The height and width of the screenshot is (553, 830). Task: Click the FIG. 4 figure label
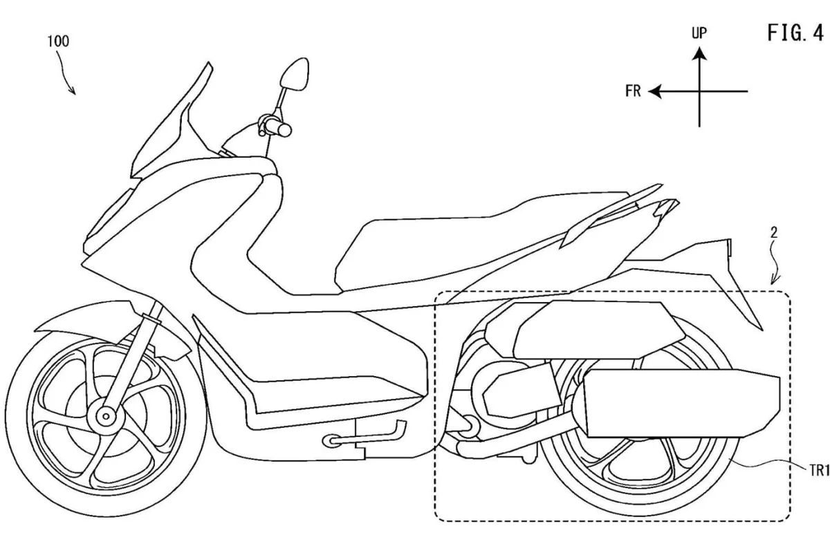tap(795, 33)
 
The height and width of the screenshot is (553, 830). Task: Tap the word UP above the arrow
tap(699, 33)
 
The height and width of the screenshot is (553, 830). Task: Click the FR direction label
tap(633, 91)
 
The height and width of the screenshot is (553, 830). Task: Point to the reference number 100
tap(58, 41)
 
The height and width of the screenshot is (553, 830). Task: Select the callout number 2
tap(774, 233)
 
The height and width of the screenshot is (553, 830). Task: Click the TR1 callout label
tap(819, 470)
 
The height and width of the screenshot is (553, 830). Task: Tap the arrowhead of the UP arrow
tap(699, 53)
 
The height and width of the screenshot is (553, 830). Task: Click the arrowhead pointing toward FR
tap(655, 91)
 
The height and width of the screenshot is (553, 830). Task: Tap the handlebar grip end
tap(284, 130)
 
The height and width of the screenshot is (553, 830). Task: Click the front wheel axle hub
tap(106, 417)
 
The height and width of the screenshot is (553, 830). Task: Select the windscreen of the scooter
tap(172, 120)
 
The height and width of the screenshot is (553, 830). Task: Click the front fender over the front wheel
tap(111, 326)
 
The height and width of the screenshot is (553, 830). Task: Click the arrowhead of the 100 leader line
tap(73, 91)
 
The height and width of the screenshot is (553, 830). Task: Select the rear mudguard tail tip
tap(762, 329)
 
